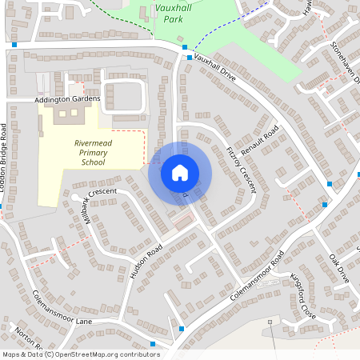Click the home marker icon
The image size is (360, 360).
[180, 172]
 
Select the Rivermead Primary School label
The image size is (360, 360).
[93, 152]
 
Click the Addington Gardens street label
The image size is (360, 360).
[67, 99]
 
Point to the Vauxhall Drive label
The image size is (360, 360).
[215, 70]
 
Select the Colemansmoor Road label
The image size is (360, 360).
[257, 277]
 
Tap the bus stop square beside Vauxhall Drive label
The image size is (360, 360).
[189, 58]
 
